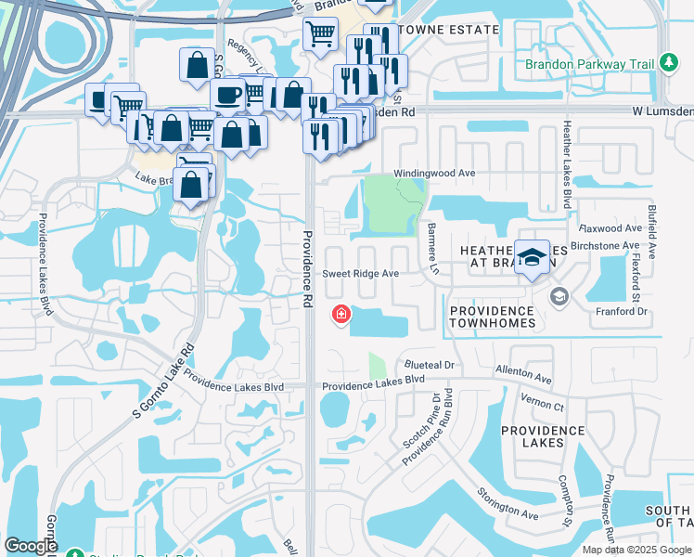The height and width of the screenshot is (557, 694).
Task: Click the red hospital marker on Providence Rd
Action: [x=341, y=316]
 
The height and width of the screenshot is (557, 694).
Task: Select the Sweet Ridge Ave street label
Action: [x=360, y=274]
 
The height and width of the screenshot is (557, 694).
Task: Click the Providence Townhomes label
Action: [x=492, y=317]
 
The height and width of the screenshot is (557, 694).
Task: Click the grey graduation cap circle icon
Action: [x=559, y=296]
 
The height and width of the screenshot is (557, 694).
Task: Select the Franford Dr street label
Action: [x=621, y=312]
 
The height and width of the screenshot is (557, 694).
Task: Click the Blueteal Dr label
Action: [x=428, y=366]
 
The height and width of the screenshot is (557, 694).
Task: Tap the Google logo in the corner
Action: [x=31, y=546]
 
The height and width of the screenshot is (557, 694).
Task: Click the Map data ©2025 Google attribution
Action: [x=636, y=550]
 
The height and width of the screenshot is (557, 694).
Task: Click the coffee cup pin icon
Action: [x=226, y=94]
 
